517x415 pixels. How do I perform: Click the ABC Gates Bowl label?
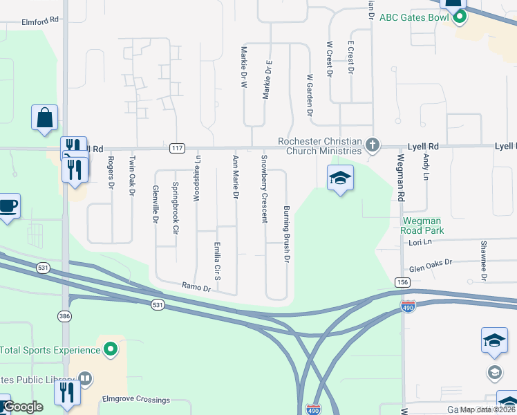(415, 17)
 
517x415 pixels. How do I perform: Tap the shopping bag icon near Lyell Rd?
(45, 118)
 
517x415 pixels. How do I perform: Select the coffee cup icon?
(8, 206)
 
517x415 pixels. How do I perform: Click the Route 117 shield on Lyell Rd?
(176, 148)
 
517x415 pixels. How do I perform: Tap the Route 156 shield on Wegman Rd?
(402, 282)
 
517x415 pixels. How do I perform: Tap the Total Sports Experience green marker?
(110, 350)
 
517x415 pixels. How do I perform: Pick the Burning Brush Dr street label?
(285, 234)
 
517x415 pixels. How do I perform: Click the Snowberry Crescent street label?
(263, 189)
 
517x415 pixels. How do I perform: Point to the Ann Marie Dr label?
(236, 178)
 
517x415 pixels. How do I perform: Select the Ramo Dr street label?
(195, 285)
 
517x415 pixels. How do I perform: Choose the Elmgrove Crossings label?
(136, 400)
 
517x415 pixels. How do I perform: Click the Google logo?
(23, 406)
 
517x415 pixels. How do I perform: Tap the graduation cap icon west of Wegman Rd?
(340, 178)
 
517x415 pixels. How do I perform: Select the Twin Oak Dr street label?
(131, 176)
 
